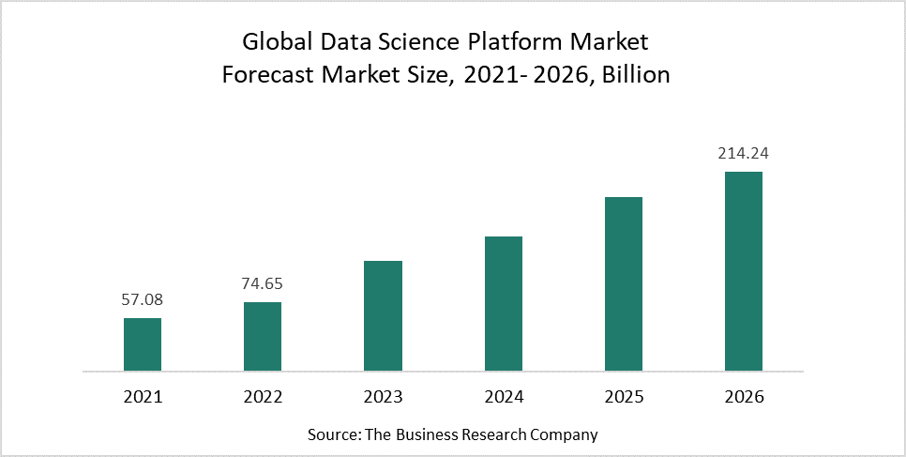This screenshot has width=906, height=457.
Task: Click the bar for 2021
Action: point(143,344)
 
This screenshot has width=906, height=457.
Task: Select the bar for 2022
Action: point(263,336)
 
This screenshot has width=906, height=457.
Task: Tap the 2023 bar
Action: point(383,315)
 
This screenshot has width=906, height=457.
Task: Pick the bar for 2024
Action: point(504,303)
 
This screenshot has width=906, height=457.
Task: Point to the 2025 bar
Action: point(624,283)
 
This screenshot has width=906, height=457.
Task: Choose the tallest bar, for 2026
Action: point(744,271)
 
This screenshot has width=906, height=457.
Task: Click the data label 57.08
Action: point(143,300)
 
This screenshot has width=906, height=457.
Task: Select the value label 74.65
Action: point(263,284)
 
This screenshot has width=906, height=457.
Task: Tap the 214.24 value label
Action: point(744,153)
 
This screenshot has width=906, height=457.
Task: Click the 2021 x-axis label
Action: point(143,397)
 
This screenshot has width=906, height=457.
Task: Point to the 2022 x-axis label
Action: point(263,397)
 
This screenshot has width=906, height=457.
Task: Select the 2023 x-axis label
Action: point(383,397)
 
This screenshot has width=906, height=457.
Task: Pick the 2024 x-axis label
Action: point(504,397)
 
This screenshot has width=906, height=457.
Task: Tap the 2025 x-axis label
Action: point(624,397)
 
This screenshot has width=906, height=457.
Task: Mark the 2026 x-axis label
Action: point(744,397)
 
